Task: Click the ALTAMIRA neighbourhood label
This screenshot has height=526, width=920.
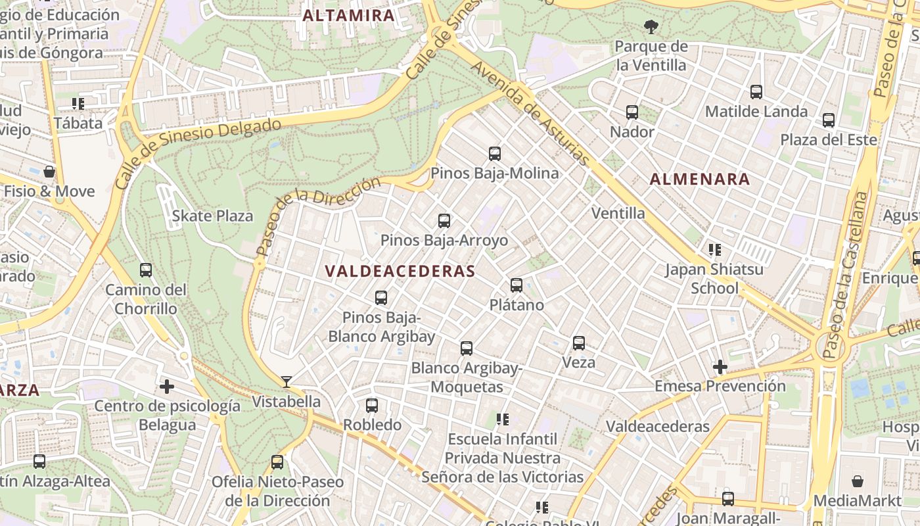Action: [x=349, y=16]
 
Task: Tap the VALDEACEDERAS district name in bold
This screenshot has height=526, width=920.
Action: [x=400, y=271]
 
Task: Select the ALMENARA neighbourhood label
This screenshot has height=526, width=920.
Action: [x=700, y=179]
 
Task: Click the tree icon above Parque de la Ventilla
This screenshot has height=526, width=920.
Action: [x=651, y=27]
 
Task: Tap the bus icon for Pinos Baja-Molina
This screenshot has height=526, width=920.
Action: [x=495, y=154]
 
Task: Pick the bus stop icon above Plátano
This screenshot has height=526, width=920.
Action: [x=517, y=285]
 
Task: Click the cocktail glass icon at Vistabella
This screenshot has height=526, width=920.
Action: [x=287, y=381]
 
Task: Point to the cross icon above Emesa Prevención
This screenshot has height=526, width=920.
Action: [x=720, y=367]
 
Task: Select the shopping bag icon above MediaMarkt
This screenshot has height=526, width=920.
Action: [x=857, y=481]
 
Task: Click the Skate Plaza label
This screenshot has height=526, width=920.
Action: [x=212, y=216]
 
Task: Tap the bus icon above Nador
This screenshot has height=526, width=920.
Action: [x=632, y=112]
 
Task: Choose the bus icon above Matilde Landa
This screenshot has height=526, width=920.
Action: [x=756, y=92]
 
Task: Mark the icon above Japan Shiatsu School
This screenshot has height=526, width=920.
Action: [x=715, y=250]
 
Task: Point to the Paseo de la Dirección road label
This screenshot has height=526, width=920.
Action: [x=318, y=216]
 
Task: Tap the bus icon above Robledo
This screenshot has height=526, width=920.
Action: [x=372, y=406]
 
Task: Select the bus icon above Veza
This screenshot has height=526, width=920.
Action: [x=579, y=343]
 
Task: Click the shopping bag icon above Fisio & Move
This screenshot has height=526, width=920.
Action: [x=49, y=172]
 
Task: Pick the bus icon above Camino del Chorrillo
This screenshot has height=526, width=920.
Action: [x=146, y=270]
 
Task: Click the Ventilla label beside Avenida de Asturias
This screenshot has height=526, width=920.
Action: [x=618, y=213]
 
